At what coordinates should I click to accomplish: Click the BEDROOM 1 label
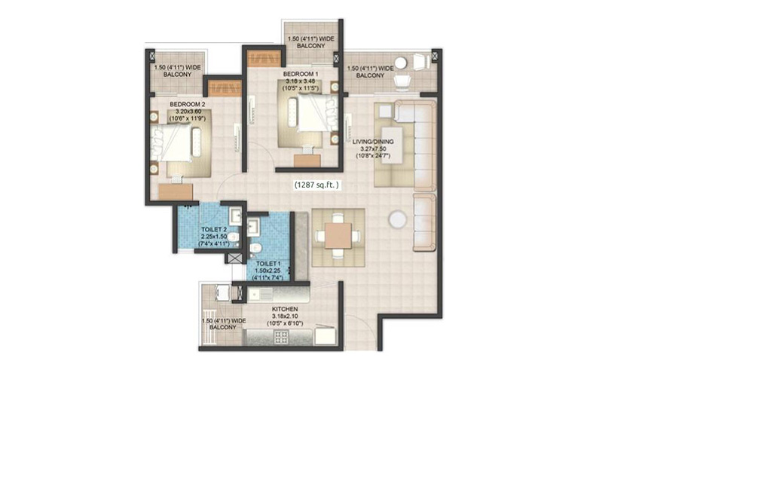(x=300, y=74)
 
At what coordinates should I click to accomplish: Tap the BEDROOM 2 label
(x=187, y=105)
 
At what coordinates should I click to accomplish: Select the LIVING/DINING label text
(x=373, y=142)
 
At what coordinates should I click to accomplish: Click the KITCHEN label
(x=285, y=309)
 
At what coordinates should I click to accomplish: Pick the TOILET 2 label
(x=214, y=230)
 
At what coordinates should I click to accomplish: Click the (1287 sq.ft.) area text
(x=316, y=185)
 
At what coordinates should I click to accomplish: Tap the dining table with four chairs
(x=338, y=237)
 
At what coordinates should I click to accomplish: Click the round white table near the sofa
(x=397, y=219)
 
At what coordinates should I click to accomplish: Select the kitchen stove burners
(x=281, y=337)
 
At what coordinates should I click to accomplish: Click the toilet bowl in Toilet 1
(x=256, y=249)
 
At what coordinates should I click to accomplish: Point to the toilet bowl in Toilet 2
(x=233, y=237)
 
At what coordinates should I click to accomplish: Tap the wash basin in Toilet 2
(x=235, y=215)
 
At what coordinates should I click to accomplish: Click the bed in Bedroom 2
(x=176, y=142)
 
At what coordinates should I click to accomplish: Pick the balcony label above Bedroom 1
(x=311, y=42)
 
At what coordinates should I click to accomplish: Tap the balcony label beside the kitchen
(x=223, y=324)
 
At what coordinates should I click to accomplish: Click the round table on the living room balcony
(x=400, y=63)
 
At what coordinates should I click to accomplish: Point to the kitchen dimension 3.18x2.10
(x=285, y=316)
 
